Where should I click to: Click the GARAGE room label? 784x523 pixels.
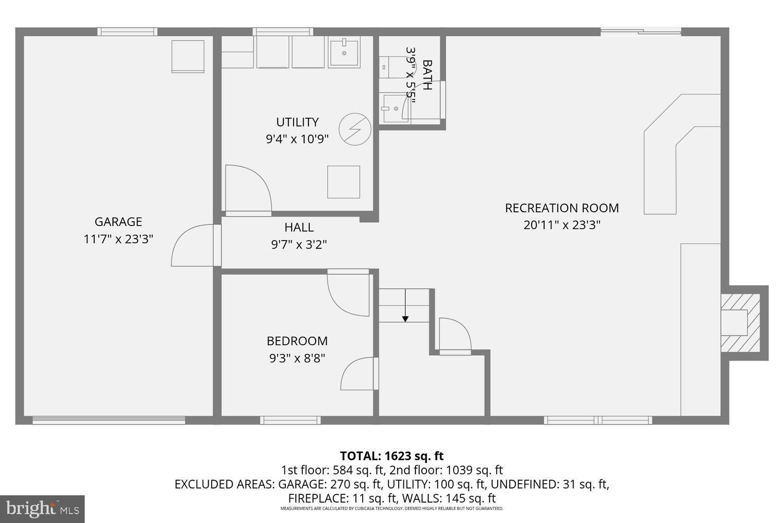[x=118, y=222]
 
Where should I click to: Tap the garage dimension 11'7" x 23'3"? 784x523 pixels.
[x=118, y=239]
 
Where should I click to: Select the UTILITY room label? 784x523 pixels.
[x=297, y=122]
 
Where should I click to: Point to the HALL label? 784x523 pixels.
[x=299, y=227]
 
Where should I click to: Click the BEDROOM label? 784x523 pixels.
[x=297, y=341]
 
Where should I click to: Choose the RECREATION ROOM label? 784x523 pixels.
[x=562, y=208]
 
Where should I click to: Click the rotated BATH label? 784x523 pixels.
[x=427, y=75]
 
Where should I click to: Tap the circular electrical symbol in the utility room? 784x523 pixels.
[x=355, y=129]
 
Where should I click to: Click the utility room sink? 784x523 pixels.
[x=344, y=53]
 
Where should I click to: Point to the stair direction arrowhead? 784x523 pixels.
[x=405, y=319]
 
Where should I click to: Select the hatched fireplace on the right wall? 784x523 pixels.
[x=740, y=323]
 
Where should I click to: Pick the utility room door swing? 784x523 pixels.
[x=247, y=188]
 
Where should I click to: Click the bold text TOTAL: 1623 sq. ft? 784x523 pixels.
[x=391, y=456]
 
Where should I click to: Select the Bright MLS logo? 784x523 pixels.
[x=42, y=508]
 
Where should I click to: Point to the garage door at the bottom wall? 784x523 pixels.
[x=109, y=419]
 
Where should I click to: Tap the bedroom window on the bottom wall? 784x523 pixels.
[x=290, y=419]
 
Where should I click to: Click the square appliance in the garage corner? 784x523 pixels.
[x=188, y=56]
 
